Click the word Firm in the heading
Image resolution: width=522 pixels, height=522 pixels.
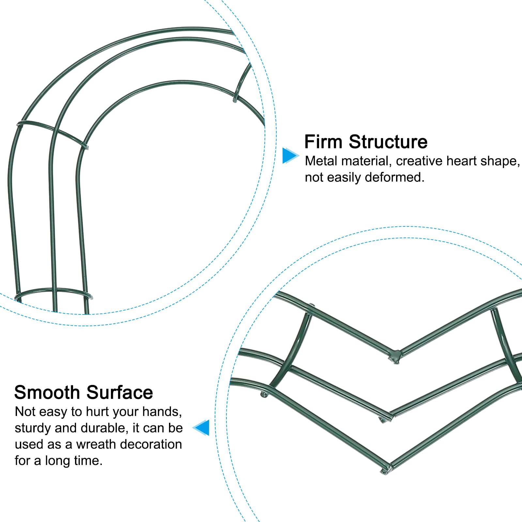pyautogui.click(x=323, y=142)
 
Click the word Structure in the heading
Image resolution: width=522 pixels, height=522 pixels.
pyautogui.click(x=388, y=142)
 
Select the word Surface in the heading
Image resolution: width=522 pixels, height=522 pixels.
pyautogui.click(x=120, y=392)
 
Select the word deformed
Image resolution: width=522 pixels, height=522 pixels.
pyautogui.click(x=394, y=177)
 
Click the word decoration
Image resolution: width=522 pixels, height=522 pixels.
pyautogui.click(x=154, y=444)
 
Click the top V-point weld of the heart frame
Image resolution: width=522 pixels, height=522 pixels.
pyautogui.click(x=395, y=355)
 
